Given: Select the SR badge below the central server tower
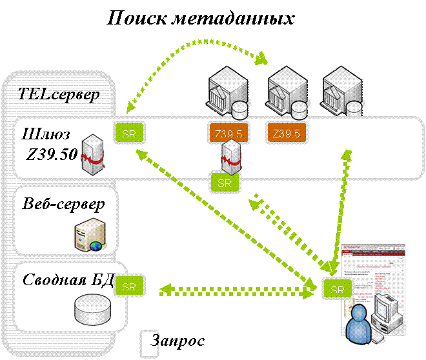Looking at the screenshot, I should point(224,183).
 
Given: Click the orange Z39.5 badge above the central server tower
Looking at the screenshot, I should point(225,134).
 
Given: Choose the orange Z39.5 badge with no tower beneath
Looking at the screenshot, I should point(287,134).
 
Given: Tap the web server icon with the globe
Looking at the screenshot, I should point(90,234).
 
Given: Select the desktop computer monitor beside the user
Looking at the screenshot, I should point(390,306).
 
